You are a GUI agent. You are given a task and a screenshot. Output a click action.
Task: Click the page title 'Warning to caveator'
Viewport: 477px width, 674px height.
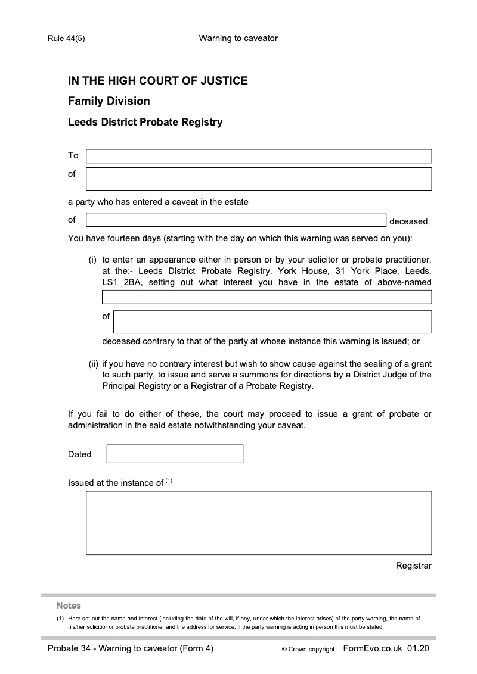(238, 38)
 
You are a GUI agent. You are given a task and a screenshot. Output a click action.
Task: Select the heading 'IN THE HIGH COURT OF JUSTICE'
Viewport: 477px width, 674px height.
(158, 80)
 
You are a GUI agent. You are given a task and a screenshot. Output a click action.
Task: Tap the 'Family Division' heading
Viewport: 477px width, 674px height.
(109, 101)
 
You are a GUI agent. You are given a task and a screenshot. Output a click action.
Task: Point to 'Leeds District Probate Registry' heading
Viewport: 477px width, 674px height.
(145, 122)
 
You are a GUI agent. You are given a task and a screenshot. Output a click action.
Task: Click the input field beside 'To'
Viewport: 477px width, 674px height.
(259, 156)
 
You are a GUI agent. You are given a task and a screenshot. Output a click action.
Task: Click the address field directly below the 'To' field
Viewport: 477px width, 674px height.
(259, 179)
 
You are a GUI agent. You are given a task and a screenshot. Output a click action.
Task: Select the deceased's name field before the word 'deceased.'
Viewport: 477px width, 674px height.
(236, 220)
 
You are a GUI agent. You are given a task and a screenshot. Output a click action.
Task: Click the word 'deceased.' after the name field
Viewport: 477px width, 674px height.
(410, 221)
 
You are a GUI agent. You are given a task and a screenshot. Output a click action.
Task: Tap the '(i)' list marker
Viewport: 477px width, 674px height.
(93, 260)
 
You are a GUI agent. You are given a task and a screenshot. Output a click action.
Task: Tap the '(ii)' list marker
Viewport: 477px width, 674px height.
(93, 363)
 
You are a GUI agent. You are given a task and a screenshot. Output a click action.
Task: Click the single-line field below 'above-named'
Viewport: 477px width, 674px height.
(267, 297)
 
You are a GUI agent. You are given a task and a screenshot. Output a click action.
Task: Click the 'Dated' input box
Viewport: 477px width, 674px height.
(175, 454)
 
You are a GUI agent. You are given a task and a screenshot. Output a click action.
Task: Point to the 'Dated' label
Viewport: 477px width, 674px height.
(80, 454)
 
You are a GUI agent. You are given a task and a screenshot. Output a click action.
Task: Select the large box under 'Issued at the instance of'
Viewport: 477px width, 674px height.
(259, 523)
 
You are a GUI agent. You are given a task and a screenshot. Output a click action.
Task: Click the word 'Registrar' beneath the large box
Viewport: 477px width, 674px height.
(413, 566)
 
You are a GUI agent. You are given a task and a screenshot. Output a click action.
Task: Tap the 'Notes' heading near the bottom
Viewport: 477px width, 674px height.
(69, 606)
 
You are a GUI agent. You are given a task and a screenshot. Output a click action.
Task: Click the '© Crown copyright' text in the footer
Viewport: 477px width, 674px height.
(308, 650)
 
